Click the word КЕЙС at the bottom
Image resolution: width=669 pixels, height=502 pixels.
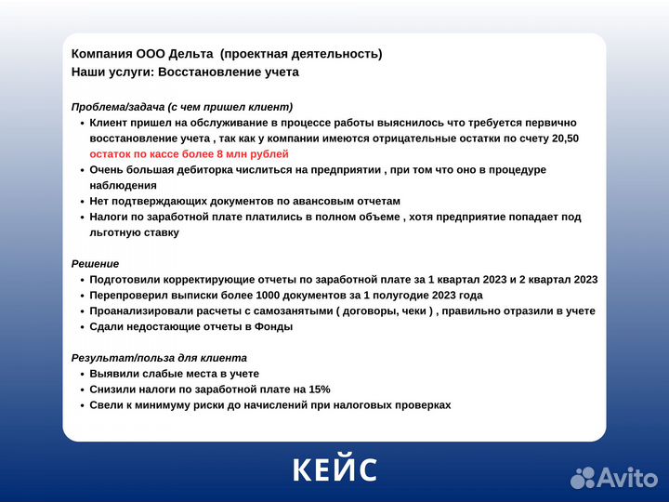(x=334, y=469)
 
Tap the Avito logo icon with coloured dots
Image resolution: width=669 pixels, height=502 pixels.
(x=583, y=477)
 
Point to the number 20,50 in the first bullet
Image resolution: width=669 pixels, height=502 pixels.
(x=563, y=139)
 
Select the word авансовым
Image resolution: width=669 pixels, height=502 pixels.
(x=303, y=201)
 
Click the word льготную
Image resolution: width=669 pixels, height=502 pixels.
(x=114, y=232)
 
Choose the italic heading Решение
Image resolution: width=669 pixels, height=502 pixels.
(x=95, y=264)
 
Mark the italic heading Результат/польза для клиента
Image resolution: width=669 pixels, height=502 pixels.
(x=159, y=358)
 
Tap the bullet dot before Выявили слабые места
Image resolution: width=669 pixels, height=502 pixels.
(x=81, y=374)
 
